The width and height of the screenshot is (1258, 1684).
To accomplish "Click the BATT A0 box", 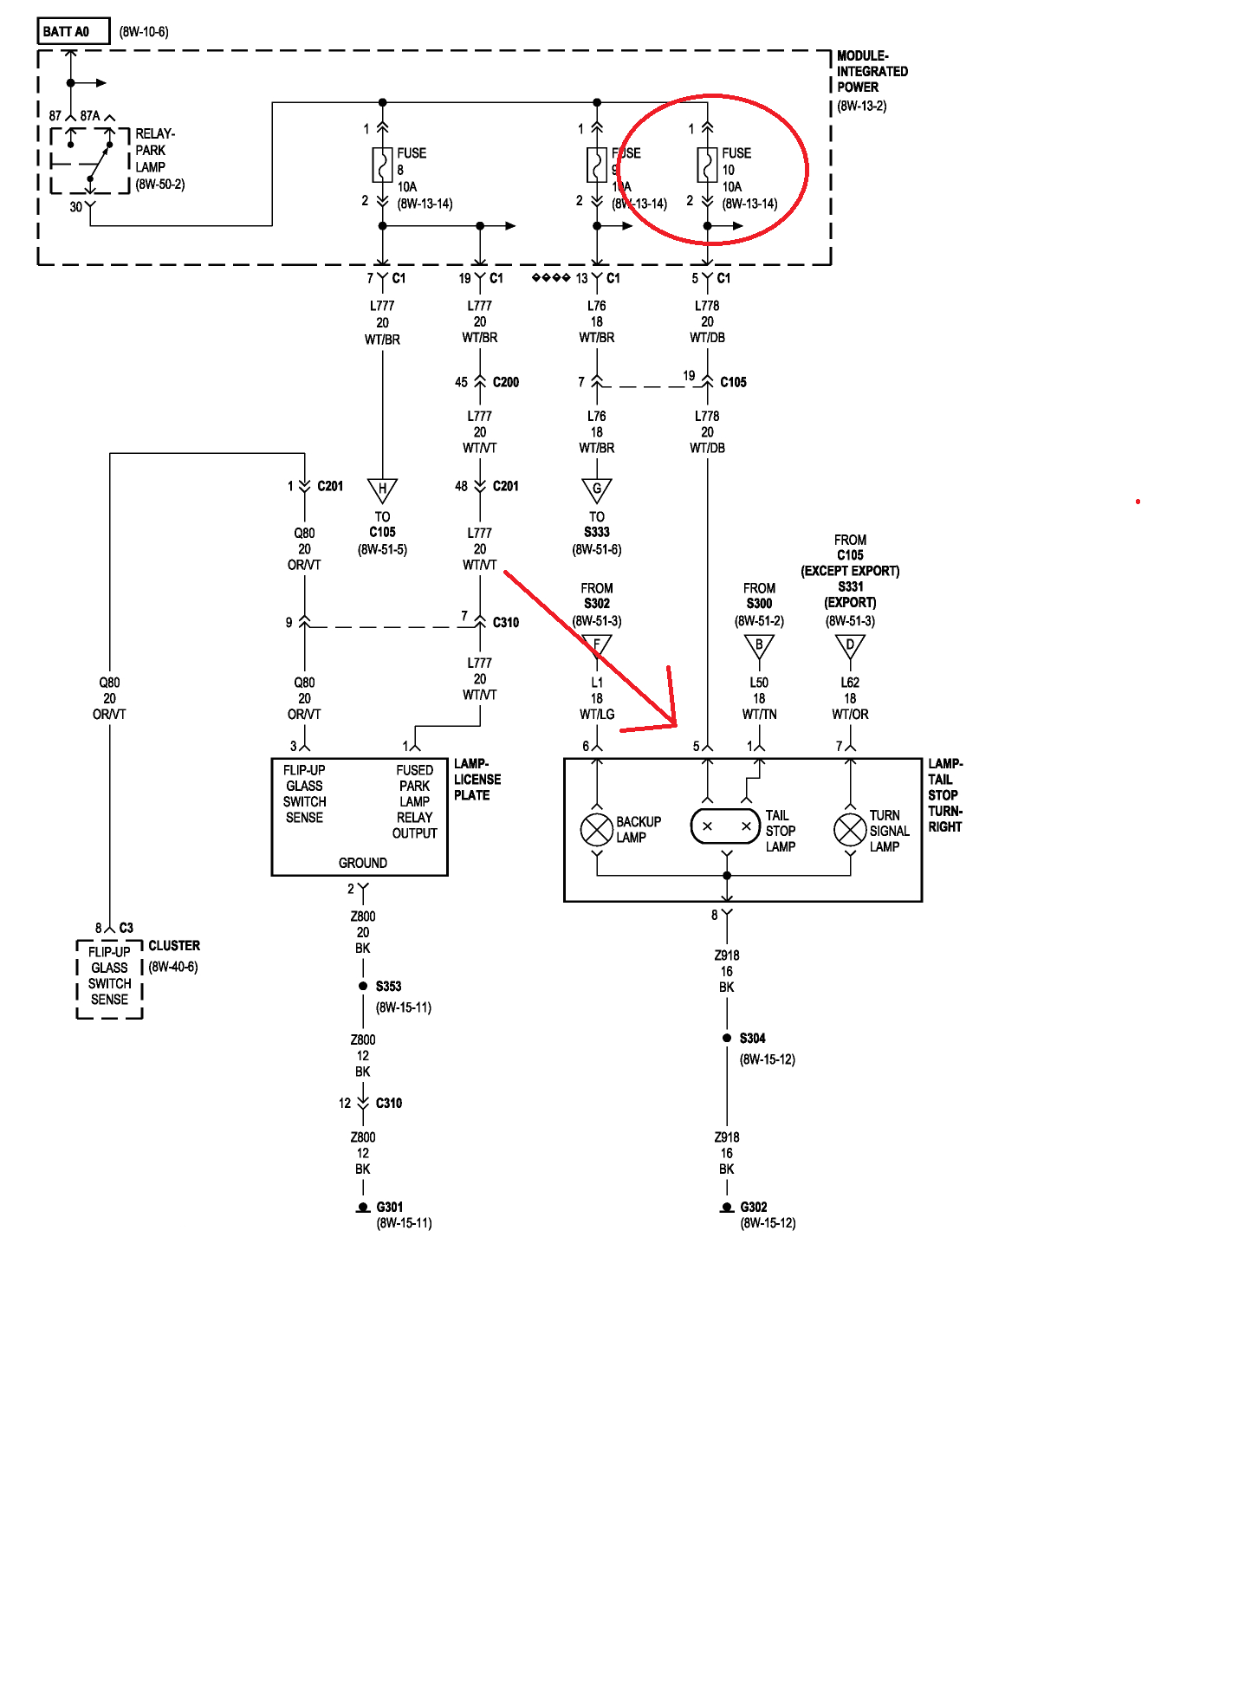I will [x=73, y=31].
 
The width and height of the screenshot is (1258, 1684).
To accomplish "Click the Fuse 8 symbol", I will [x=382, y=165].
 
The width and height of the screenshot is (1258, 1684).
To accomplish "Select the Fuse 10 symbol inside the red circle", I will [x=707, y=165].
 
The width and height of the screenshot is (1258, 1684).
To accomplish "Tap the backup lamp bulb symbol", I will [x=597, y=830].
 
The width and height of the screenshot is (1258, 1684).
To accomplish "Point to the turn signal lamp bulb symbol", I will [x=850, y=830].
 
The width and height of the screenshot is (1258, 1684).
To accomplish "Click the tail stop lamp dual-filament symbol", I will [x=726, y=826].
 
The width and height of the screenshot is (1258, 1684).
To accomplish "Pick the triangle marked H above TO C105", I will [x=382, y=489].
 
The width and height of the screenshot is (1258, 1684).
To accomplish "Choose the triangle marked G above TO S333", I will [x=597, y=489].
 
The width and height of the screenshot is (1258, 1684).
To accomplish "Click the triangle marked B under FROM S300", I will [x=759, y=646].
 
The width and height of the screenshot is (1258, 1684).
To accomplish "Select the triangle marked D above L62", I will [x=850, y=646].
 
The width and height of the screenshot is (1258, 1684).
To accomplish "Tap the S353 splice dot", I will [x=363, y=986].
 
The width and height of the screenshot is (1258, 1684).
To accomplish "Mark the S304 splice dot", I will [x=727, y=1038].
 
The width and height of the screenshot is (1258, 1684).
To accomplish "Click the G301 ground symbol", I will [x=363, y=1208].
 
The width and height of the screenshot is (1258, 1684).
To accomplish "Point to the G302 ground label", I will [x=754, y=1207].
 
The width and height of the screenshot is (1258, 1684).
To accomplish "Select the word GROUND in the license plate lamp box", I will [x=362, y=863].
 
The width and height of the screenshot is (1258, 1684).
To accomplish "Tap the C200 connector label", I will [x=505, y=382].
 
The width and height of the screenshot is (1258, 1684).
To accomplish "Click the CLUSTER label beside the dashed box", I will [x=173, y=945].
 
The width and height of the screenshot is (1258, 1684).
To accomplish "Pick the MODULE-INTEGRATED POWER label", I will [x=871, y=71].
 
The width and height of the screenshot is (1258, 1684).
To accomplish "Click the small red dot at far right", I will [x=1138, y=502].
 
